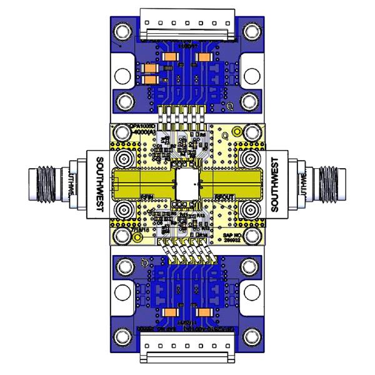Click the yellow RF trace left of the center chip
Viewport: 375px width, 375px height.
point(141,183)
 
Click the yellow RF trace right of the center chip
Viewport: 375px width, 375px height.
point(234,183)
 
